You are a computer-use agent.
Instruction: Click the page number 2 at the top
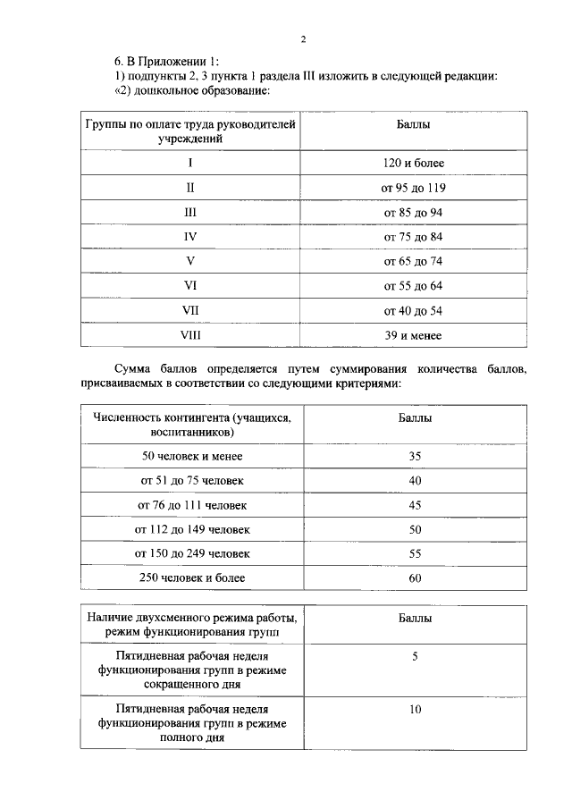304,39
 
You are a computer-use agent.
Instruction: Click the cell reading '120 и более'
413,164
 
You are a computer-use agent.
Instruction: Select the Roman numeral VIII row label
189,336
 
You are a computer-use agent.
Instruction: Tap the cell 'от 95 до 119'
413,188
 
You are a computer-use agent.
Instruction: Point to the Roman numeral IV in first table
189,237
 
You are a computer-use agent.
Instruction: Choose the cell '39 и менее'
413,336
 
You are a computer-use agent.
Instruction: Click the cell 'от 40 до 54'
413,311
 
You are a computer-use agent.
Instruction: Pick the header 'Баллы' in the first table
413,125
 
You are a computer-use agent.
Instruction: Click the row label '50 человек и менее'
192,456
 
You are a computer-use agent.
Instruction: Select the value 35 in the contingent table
415,456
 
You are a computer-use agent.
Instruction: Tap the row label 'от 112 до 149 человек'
192,529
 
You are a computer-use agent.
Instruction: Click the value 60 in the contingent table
415,577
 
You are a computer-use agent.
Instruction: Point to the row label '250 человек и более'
192,577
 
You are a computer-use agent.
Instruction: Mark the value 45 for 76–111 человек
415,505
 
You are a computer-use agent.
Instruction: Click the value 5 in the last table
415,657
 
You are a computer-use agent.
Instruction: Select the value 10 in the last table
415,710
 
